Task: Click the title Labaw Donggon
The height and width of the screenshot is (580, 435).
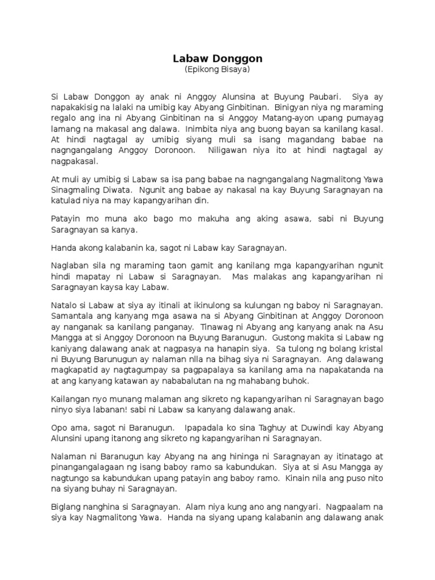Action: (x=217, y=59)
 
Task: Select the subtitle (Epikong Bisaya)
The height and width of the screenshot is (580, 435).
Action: (x=217, y=70)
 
